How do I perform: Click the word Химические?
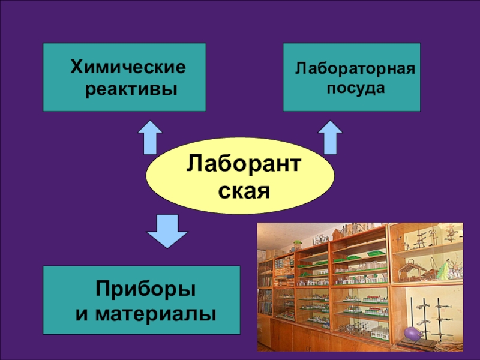[x=128, y=66]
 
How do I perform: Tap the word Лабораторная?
[x=355, y=68]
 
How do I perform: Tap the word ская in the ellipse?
[x=242, y=191]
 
